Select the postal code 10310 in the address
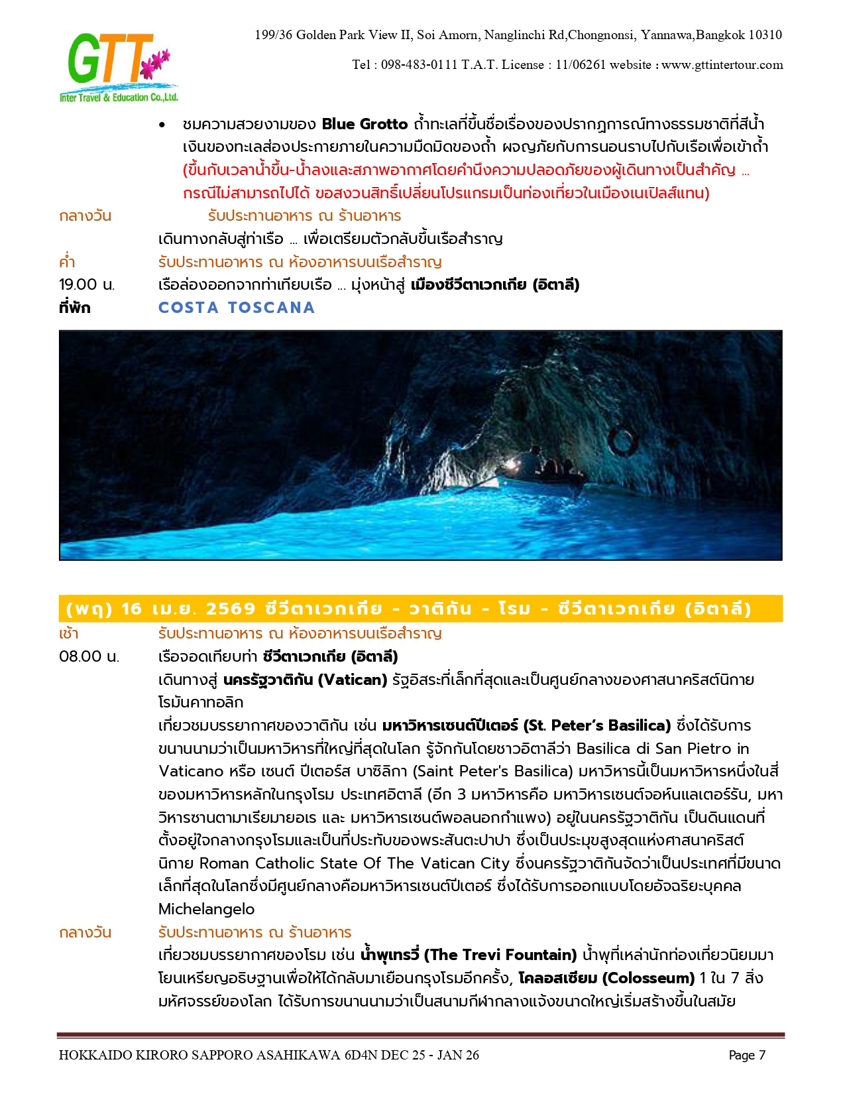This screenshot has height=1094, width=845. (x=765, y=35)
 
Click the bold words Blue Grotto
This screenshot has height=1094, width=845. (x=365, y=124)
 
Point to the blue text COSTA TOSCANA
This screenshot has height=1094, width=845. (x=237, y=308)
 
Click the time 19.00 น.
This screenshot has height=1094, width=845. (x=87, y=285)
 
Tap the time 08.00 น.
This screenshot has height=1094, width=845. (x=89, y=656)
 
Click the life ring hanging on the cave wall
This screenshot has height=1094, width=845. (x=621, y=441)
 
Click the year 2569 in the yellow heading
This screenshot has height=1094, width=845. (x=231, y=609)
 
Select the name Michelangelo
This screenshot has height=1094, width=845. (x=206, y=909)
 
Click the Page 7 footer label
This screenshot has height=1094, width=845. (x=747, y=1056)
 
